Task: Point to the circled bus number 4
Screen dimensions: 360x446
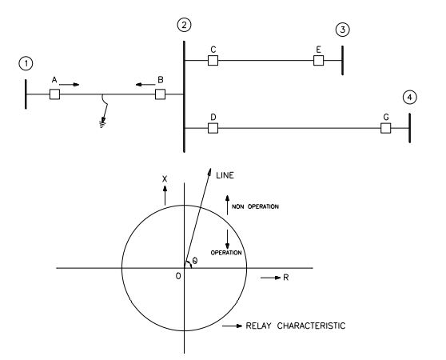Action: (x=410, y=98)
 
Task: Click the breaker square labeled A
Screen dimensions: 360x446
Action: (x=55, y=94)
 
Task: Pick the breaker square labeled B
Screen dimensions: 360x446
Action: (x=160, y=94)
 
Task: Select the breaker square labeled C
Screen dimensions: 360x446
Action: (x=213, y=61)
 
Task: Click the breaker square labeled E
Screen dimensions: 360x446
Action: (x=318, y=61)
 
